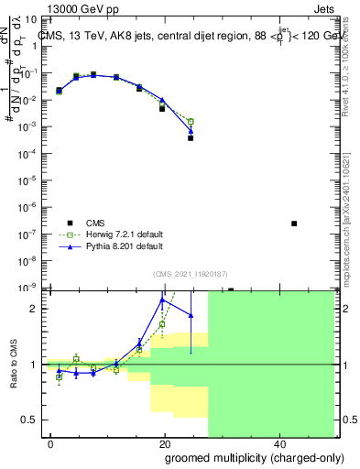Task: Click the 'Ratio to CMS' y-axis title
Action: tap(15, 364)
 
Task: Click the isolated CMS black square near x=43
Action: tap(294, 224)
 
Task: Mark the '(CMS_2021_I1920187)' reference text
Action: tap(190, 272)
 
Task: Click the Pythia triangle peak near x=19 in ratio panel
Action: tap(163, 300)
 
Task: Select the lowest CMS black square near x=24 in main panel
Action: tap(191, 138)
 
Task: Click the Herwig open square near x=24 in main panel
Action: tap(191, 121)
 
